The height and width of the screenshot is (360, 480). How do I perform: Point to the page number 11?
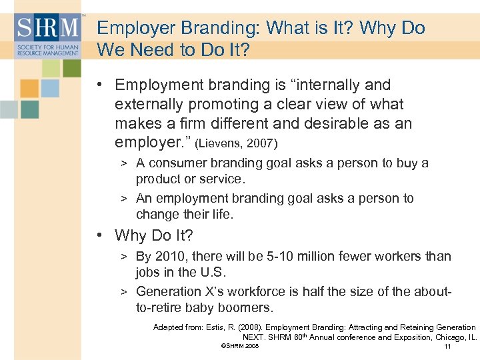tap(447, 347)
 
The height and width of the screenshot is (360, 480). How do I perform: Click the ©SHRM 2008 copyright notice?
tap(239, 347)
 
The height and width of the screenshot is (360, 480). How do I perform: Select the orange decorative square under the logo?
tap(30, 89)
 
